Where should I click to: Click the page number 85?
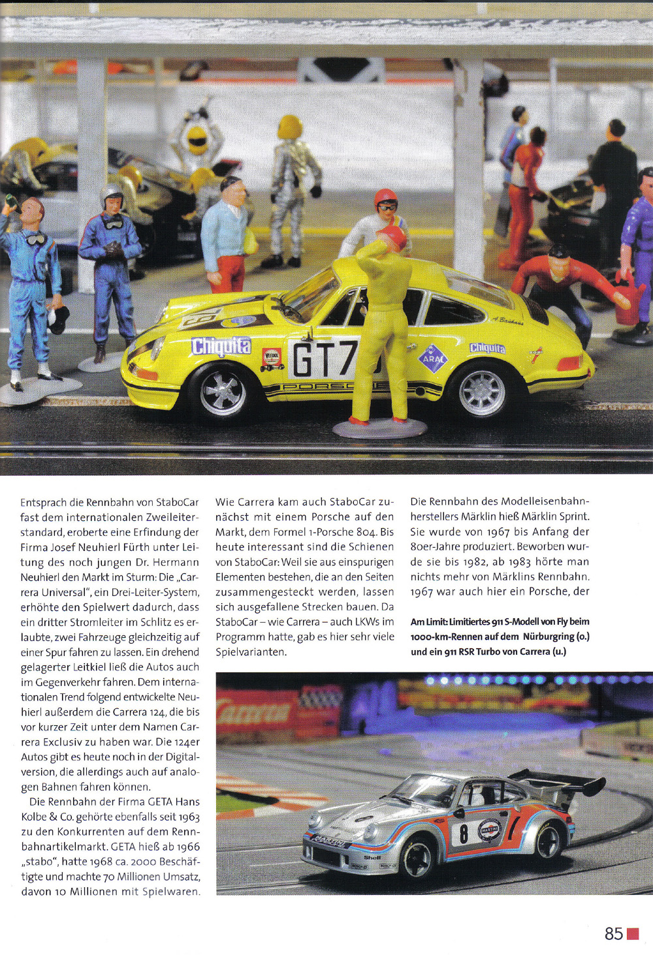pyautogui.click(x=613, y=933)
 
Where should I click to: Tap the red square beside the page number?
pyautogui.click(x=633, y=933)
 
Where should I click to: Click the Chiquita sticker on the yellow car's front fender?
pyautogui.click(x=221, y=346)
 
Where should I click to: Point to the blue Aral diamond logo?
pyautogui.click(x=433, y=358)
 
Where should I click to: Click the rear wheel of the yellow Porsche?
pyautogui.click(x=482, y=391)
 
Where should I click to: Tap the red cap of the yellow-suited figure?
pyautogui.click(x=392, y=236)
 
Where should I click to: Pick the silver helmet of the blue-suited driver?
pyautogui.click(x=112, y=196)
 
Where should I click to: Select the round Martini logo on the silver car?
pyautogui.click(x=490, y=830)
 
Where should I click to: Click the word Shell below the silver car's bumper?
pyautogui.click(x=372, y=857)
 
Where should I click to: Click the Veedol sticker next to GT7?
pyautogui.click(x=272, y=358)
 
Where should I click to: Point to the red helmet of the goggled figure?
pyautogui.click(x=385, y=196)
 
